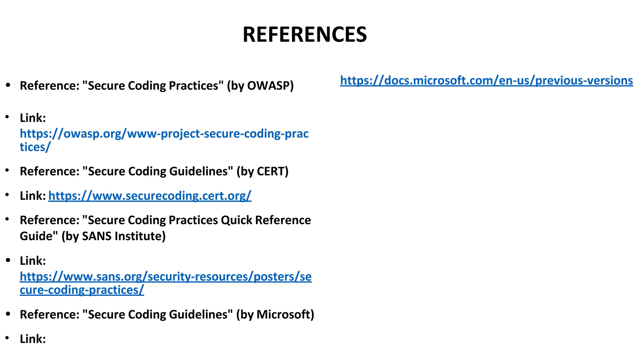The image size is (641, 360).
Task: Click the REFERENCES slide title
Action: pyautogui.click(x=305, y=34)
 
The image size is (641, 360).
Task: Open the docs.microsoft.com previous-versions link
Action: pyautogui.click(x=486, y=81)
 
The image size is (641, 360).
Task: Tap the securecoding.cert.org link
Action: pyautogui.click(x=150, y=196)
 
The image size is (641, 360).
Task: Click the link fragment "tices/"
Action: pyautogui.click(x=35, y=147)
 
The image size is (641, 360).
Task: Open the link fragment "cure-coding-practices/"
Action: pyautogui.click(x=82, y=290)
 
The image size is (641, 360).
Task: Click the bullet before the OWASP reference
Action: pyautogui.click(x=8, y=85)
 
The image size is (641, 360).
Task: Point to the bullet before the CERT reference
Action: pyautogui.click(x=8, y=171)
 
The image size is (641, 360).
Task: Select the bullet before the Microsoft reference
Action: pyautogui.click(x=8, y=314)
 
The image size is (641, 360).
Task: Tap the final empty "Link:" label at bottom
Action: pyautogui.click(x=33, y=339)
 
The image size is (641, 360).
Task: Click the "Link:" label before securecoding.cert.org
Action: pyautogui.click(x=33, y=196)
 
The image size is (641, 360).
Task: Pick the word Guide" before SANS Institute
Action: pyautogui.click(x=39, y=236)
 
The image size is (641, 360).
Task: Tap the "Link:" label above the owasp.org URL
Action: pyautogui.click(x=33, y=118)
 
